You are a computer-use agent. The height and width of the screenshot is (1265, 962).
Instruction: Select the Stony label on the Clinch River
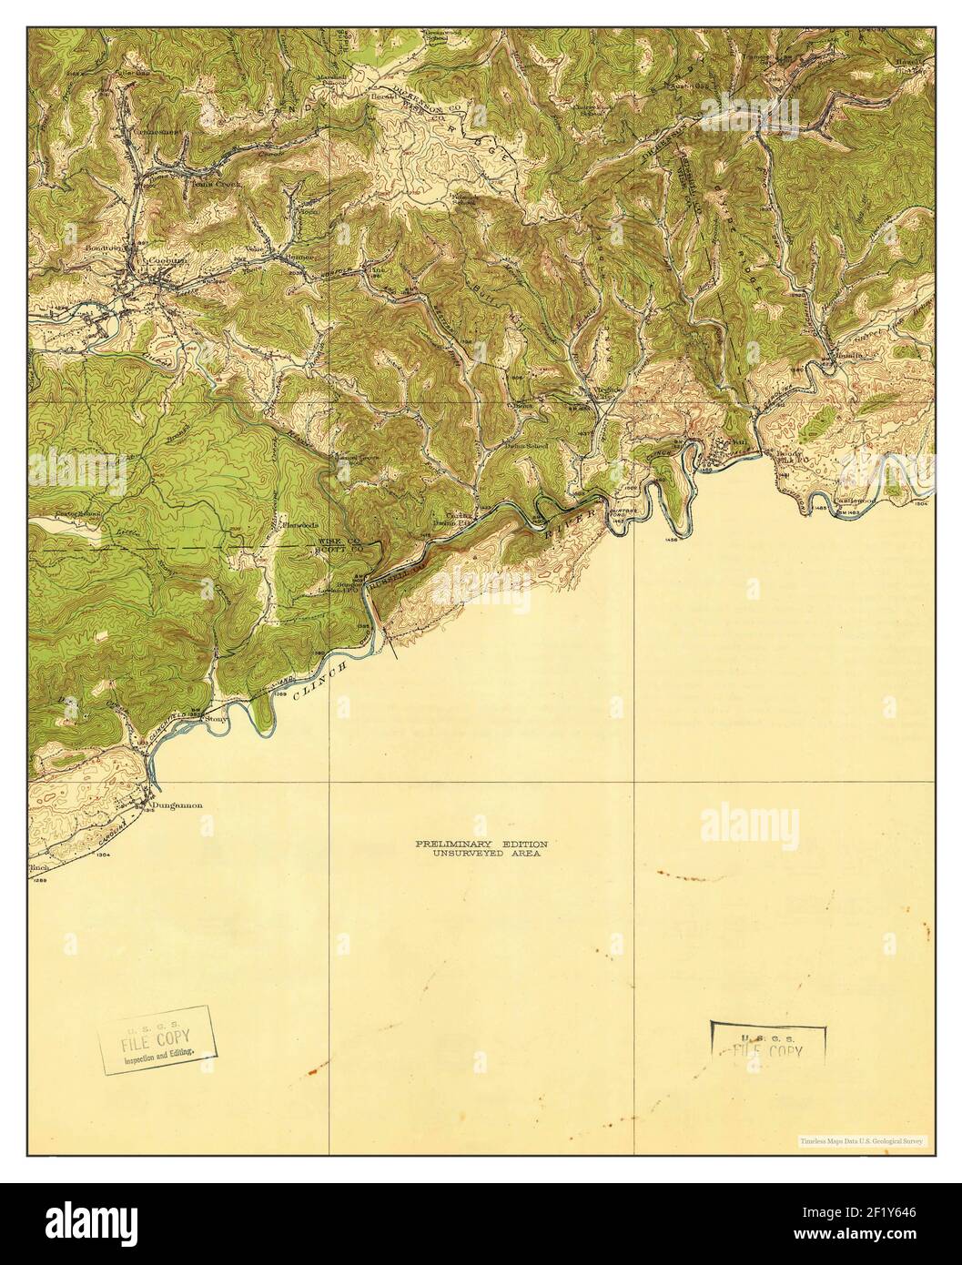pyautogui.click(x=217, y=719)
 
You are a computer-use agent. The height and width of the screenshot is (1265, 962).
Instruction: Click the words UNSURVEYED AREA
pyautogui.click(x=481, y=855)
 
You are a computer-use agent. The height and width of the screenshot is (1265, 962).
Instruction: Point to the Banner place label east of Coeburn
pyautogui.click(x=298, y=257)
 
